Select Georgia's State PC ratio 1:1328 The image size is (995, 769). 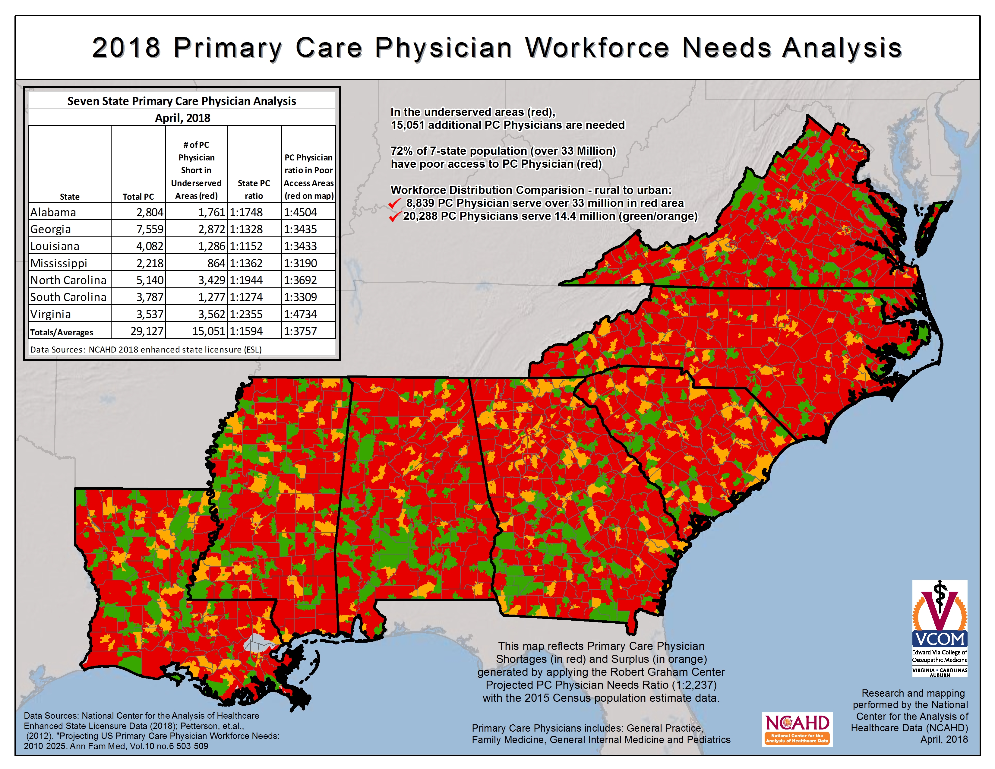click(246, 229)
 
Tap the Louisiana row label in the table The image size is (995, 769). click(55, 246)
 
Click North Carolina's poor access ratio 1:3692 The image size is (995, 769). click(300, 280)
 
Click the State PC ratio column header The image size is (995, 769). click(254, 189)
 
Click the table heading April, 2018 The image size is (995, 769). click(182, 118)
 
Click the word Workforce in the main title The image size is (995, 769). click(597, 48)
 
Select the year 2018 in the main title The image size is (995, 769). click(126, 48)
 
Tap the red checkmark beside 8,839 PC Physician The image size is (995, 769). click(395, 203)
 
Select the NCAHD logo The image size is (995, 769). click(797, 729)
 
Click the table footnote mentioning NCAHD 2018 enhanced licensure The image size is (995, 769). click(146, 350)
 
